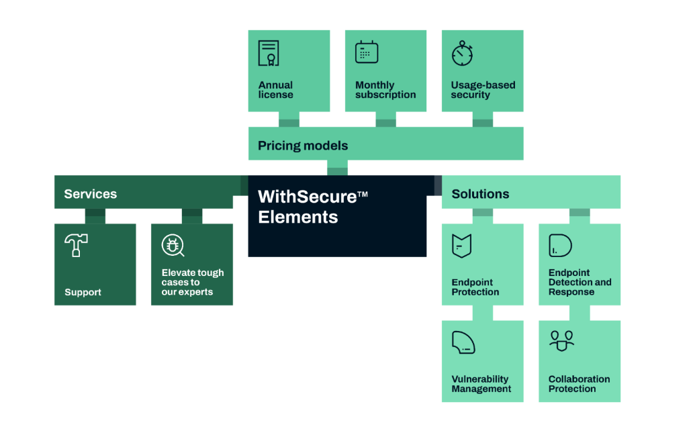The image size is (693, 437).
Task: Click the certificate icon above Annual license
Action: click(x=269, y=53)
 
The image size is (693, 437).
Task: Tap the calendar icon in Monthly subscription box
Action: click(x=367, y=52)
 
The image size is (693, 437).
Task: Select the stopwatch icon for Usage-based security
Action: click(x=462, y=54)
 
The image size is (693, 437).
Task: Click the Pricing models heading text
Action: click(x=303, y=146)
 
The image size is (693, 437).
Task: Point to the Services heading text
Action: click(x=90, y=193)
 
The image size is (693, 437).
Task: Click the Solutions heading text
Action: click(x=480, y=193)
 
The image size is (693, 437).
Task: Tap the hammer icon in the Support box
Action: click(x=76, y=245)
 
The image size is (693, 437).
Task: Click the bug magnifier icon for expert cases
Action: click(x=173, y=245)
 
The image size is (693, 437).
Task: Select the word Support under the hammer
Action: click(x=83, y=292)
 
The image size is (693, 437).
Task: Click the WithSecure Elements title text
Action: click(x=313, y=206)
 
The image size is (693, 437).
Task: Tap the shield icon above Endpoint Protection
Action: click(x=462, y=246)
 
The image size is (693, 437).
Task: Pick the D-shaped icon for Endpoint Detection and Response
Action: click(x=560, y=245)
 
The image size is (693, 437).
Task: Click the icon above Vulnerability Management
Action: click(x=463, y=342)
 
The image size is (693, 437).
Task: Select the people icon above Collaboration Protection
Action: click(x=561, y=341)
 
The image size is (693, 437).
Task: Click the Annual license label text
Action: click(x=276, y=90)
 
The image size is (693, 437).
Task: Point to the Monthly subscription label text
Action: click(x=385, y=90)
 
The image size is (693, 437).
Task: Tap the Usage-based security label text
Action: click(x=483, y=90)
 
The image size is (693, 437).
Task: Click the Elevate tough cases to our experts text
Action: click(x=193, y=282)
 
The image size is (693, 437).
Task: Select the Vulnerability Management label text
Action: click(x=481, y=384)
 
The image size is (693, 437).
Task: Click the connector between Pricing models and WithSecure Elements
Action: click(x=337, y=168)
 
